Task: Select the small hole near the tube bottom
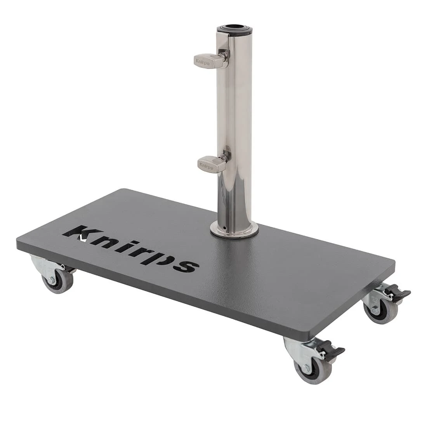coord(224,227)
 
